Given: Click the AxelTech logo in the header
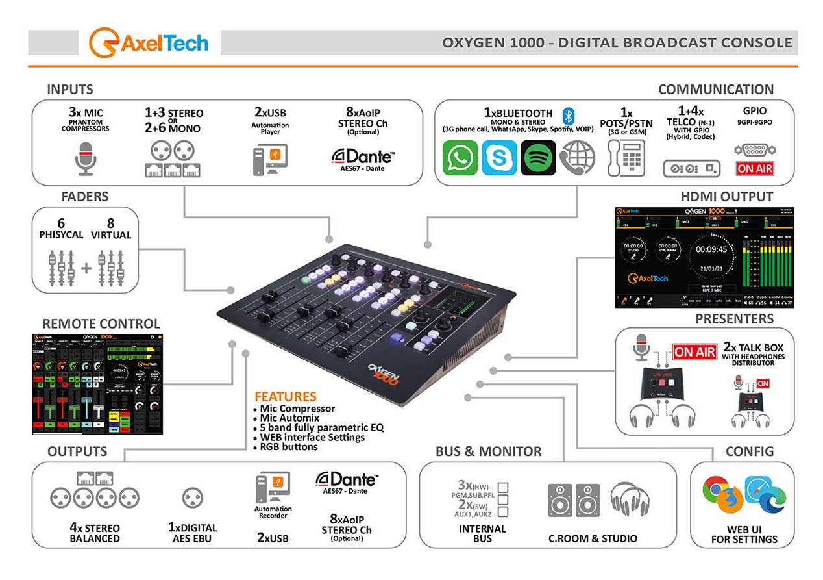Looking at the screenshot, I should pyautogui.click(x=149, y=43).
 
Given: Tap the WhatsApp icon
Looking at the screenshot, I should pyautogui.click(x=460, y=157).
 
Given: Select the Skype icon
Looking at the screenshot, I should pyautogui.click(x=499, y=157).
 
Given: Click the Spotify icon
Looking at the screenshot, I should pyautogui.click(x=538, y=157).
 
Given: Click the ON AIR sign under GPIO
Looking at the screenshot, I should pyautogui.click(x=755, y=168).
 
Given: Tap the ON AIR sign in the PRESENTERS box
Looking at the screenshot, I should pyautogui.click(x=694, y=352).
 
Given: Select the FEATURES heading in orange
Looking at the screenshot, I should pyautogui.click(x=285, y=396).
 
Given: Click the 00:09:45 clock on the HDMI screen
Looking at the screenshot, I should pyautogui.click(x=711, y=249).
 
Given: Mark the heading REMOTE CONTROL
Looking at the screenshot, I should pyautogui.click(x=101, y=323).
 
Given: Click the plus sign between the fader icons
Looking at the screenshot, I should pyautogui.click(x=85, y=267).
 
